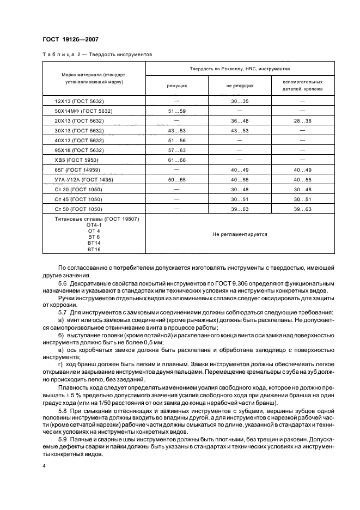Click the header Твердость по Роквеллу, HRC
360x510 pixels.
click(240, 69)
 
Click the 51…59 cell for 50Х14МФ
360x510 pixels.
click(176, 111)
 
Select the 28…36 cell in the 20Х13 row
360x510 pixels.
click(302, 120)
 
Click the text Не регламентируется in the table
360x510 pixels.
click(240, 234)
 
